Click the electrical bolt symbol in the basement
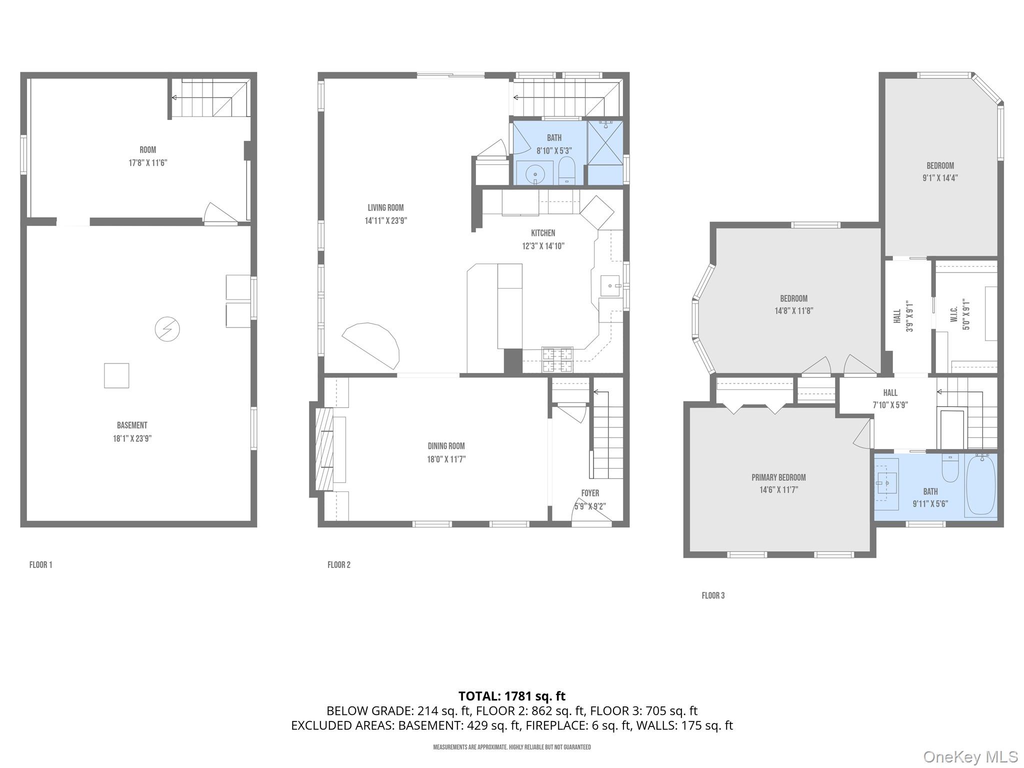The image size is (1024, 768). (167, 329)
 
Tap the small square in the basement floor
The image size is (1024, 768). (116, 375)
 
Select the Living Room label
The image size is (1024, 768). (385, 208)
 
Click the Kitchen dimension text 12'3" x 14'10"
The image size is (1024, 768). (543, 246)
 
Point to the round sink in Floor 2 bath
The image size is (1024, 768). (535, 174)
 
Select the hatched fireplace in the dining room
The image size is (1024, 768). (324, 449)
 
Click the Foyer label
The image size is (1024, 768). (590, 493)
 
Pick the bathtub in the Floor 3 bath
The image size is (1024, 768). (980, 484)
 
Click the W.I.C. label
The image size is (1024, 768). (953, 314)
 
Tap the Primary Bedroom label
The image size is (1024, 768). (778, 477)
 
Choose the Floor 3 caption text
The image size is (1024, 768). (713, 595)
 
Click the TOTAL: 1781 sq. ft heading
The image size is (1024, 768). (511, 696)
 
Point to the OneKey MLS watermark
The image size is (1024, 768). (970, 757)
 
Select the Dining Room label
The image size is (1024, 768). (446, 446)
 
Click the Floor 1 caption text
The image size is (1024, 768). (40, 565)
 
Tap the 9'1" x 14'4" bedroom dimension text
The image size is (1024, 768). (940, 178)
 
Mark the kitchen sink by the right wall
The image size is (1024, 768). (610, 286)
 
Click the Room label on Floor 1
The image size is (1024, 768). (147, 150)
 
